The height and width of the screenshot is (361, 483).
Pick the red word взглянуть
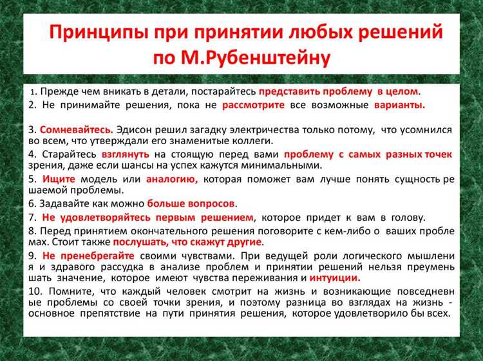pos(125,154)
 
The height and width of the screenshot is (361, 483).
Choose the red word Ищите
pos(53,179)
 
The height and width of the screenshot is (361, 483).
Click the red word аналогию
pos(172,179)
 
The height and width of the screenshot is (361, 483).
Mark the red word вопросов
pos(212,203)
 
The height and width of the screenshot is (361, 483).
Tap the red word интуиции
pos(335,278)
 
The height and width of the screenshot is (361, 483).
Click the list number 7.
pos(32,217)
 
